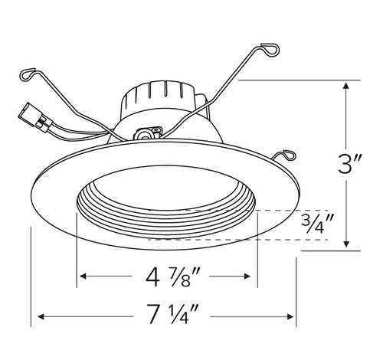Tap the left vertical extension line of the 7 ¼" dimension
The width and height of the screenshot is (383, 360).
click(30, 276)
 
